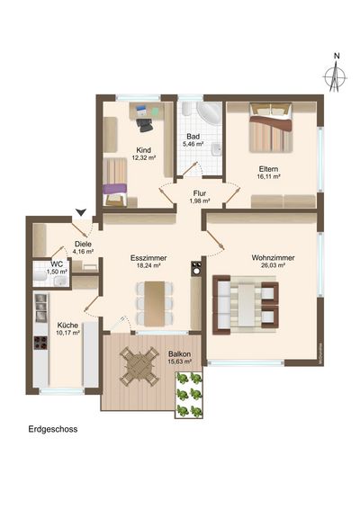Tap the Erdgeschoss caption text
53,430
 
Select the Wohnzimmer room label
274,257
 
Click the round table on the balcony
139,366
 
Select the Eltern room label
268,168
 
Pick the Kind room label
143,150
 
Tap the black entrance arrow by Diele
83,211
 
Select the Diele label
84,243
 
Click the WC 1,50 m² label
56,267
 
